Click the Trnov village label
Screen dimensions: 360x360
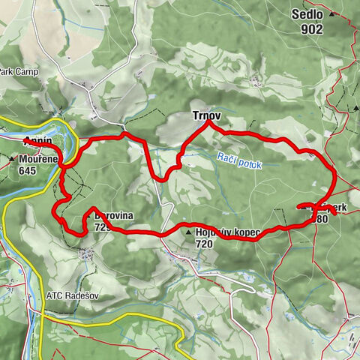[196, 117]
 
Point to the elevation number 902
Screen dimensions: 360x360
[308, 29]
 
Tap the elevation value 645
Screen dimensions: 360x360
[28, 170]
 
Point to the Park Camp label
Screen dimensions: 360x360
[16, 72]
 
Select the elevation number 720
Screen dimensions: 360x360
[204, 244]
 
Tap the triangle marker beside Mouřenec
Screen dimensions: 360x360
[11, 160]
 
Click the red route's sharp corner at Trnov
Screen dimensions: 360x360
[208, 124]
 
